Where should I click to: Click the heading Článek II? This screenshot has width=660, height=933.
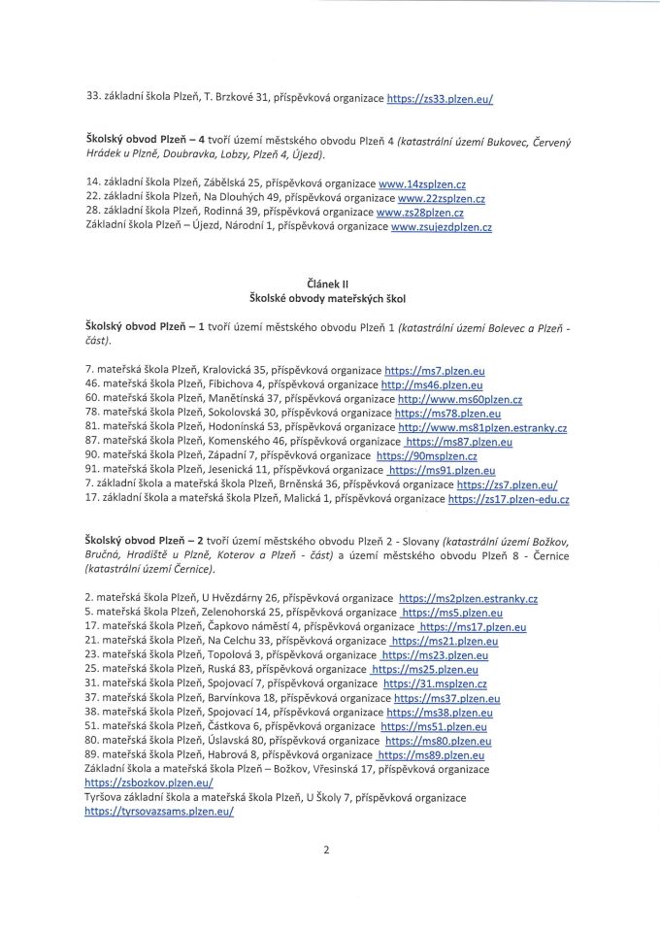[330, 283]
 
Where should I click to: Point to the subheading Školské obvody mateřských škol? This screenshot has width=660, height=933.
[330, 296]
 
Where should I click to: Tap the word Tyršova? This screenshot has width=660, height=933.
[107, 797]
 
